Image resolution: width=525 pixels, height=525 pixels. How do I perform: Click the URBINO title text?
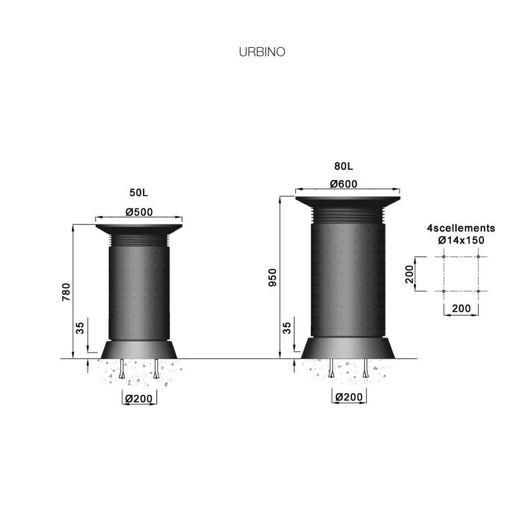pyautogui.click(x=262, y=52)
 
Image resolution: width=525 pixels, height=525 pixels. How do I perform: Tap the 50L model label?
pyautogui.click(x=139, y=193)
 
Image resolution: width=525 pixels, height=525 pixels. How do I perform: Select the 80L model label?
pyautogui.click(x=343, y=166)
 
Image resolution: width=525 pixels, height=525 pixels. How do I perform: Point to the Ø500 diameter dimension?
pyautogui.click(x=139, y=212)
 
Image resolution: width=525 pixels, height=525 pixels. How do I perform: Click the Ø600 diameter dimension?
pyautogui.click(x=343, y=184)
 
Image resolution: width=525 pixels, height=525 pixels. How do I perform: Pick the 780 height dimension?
pyautogui.click(x=66, y=291)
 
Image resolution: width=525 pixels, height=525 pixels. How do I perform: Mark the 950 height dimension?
pyautogui.click(x=272, y=277)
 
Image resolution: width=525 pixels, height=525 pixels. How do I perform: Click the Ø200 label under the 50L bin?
pyautogui.click(x=139, y=399)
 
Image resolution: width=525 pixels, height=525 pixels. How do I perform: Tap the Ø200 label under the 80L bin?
pyautogui.click(x=349, y=397)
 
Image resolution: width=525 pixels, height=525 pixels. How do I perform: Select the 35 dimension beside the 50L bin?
pyautogui.click(x=80, y=328)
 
